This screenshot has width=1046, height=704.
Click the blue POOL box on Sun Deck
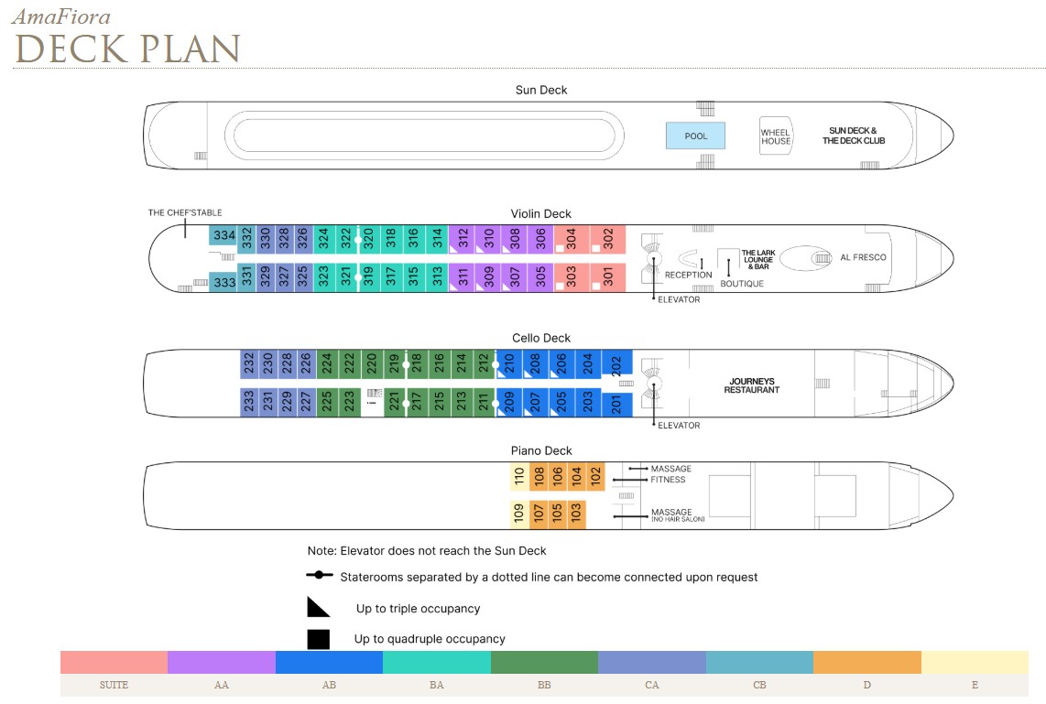point(695,135)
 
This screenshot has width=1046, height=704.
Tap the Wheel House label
point(776,136)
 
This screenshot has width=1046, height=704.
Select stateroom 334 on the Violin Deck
point(223,235)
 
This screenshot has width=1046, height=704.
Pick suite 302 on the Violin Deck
point(607,239)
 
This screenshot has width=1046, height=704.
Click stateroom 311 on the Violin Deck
point(463,277)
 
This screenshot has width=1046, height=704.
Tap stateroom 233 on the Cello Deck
point(249,402)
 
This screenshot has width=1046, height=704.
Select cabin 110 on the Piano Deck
point(519,477)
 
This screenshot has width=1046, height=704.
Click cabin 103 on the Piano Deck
point(576,514)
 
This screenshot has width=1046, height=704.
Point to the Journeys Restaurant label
point(752,385)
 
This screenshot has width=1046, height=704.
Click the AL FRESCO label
point(863,257)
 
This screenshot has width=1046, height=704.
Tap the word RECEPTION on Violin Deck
point(689,275)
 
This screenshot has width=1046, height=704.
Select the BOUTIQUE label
point(742,283)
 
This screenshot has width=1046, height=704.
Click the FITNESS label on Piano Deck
point(668,480)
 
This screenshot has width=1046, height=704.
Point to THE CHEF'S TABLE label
point(185,212)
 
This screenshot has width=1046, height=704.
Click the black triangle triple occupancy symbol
point(318,607)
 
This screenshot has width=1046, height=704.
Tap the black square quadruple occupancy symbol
point(318,639)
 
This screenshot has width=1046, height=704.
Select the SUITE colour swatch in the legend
point(114,663)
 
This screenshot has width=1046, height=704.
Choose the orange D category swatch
point(867,663)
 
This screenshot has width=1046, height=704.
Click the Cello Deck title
point(541,338)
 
